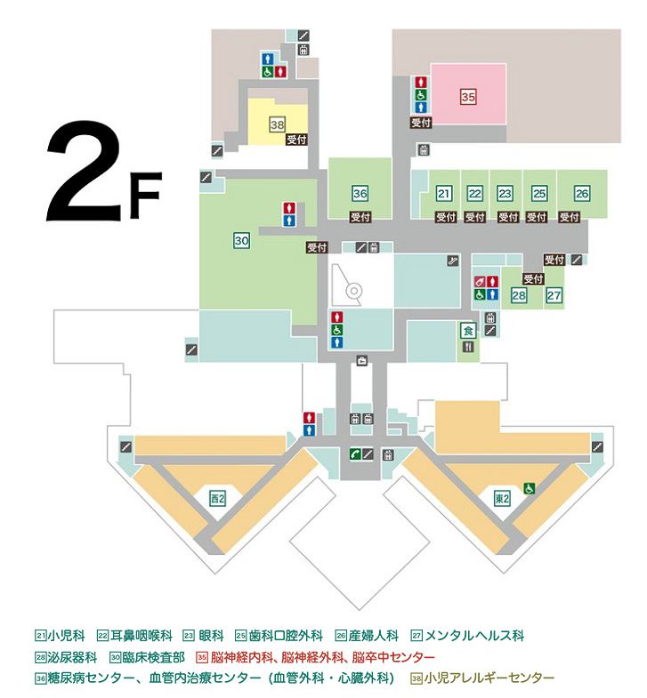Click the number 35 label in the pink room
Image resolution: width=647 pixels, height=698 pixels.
tap(468, 97)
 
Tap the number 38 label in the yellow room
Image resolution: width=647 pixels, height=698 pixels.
tap(277, 124)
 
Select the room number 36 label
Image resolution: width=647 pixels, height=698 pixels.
tap(360, 193)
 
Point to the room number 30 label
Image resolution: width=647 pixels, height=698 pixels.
tap(241, 240)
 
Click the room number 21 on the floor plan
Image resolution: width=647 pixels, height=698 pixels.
tap(443, 193)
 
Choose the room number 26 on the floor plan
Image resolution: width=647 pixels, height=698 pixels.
tap(582, 193)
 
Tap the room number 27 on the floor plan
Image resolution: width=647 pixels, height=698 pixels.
tap(554, 295)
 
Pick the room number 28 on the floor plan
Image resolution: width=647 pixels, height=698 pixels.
tap(519, 295)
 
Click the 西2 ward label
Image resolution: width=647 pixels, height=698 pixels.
tap(217, 499)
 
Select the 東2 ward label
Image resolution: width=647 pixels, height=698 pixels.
tap(502, 499)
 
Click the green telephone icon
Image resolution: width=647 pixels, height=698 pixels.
tap(355, 454)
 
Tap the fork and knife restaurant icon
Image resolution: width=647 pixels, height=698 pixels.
tap(468, 347)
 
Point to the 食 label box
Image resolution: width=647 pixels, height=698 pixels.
tap(468, 330)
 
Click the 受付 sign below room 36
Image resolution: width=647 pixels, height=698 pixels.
tap(360, 217)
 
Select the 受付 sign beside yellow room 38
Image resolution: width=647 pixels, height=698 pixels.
tap(296, 140)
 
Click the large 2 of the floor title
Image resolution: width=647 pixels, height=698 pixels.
tap(85, 172)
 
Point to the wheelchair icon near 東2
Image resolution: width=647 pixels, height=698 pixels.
tap(529, 488)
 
